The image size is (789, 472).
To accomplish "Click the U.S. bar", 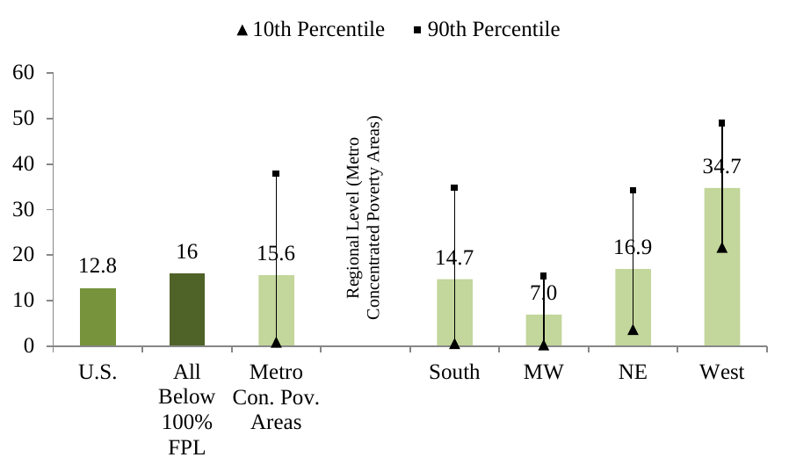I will [x=98, y=317].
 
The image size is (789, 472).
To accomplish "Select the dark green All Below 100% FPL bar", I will [x=187, y=309].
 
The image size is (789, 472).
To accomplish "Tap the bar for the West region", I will [x=721, y=267].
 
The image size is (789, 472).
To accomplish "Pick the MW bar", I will [x=543, y=330].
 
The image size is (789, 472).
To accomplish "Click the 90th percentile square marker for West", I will [x=721, y=123].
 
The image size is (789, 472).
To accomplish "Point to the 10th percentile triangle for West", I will [x=721, y=248].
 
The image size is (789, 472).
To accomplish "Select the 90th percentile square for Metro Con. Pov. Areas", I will [x=276, y=174].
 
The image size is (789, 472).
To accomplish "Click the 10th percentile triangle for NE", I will [x=633, y=330].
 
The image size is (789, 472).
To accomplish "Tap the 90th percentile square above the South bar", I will [x=454, y=188].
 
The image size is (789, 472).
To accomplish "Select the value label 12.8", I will [x=98, y=265].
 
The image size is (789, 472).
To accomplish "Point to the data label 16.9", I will [x=633, y=247].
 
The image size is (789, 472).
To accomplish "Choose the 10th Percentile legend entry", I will [x=310, y=30].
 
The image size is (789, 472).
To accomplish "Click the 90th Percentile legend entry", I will [x=486, y=30].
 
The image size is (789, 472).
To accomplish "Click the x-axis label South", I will [x=454, y=373].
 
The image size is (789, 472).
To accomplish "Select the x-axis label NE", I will [x=633, y=373].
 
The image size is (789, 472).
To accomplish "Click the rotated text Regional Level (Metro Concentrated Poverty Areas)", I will [x=364, y=216].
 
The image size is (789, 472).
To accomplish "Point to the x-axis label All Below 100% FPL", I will [x=187, y=410].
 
